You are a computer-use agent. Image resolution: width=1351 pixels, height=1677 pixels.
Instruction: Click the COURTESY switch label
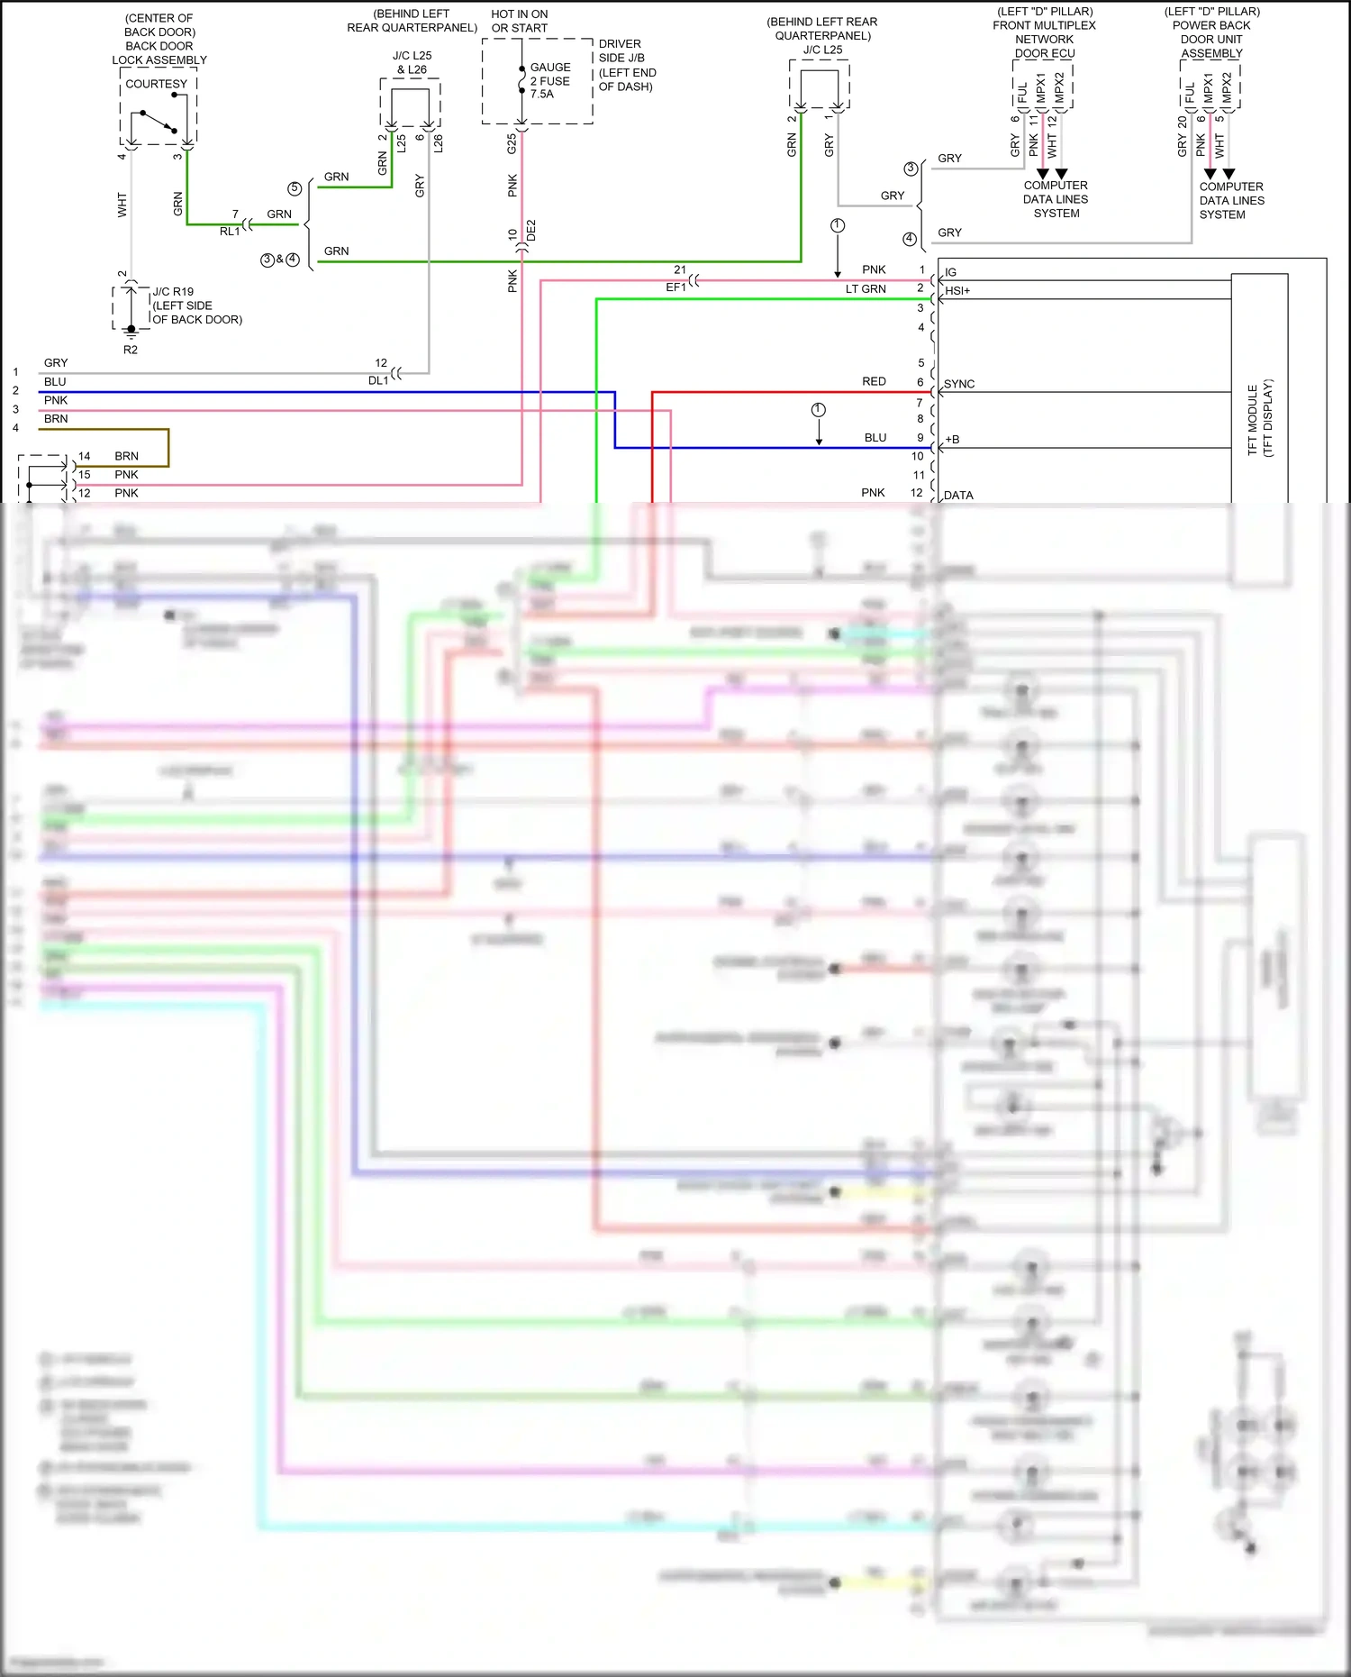coord(156,84)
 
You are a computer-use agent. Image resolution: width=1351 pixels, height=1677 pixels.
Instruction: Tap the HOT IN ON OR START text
coord(520,21)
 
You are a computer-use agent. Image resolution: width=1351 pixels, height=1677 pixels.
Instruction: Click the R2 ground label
coord(131,350)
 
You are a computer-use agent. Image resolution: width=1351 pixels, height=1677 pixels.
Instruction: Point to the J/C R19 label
coord(173,292)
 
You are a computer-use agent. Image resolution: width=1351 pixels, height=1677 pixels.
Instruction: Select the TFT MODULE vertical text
coord(1259,419)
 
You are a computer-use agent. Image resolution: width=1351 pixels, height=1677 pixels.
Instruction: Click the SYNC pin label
coord(959,384)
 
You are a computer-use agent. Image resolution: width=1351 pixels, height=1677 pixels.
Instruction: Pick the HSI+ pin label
coord(957,291)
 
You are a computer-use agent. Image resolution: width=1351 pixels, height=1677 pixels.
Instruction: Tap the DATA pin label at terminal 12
coord(958,496)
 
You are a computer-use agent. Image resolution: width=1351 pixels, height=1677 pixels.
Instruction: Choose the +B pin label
coord(953,440)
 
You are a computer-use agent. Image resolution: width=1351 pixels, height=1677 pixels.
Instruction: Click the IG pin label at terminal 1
coord(951,272)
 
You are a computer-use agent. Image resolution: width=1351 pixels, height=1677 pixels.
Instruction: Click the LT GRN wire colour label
coord(866,289)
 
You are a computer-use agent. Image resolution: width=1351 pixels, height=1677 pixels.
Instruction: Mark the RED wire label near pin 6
coord(874,381)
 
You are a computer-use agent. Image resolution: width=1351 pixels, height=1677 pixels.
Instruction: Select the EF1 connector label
coord(675,287)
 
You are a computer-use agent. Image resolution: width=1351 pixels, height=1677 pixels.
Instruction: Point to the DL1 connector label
coord(378,380)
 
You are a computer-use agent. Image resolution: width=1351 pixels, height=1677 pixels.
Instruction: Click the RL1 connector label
coord(230,232)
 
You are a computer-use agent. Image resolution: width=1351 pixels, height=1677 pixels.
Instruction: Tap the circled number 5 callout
coord(295,188)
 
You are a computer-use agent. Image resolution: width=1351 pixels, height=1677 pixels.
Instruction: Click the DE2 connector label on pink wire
coord(531,230)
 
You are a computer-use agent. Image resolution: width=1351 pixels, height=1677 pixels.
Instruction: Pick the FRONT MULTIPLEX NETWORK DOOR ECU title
coord(1045,32)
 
